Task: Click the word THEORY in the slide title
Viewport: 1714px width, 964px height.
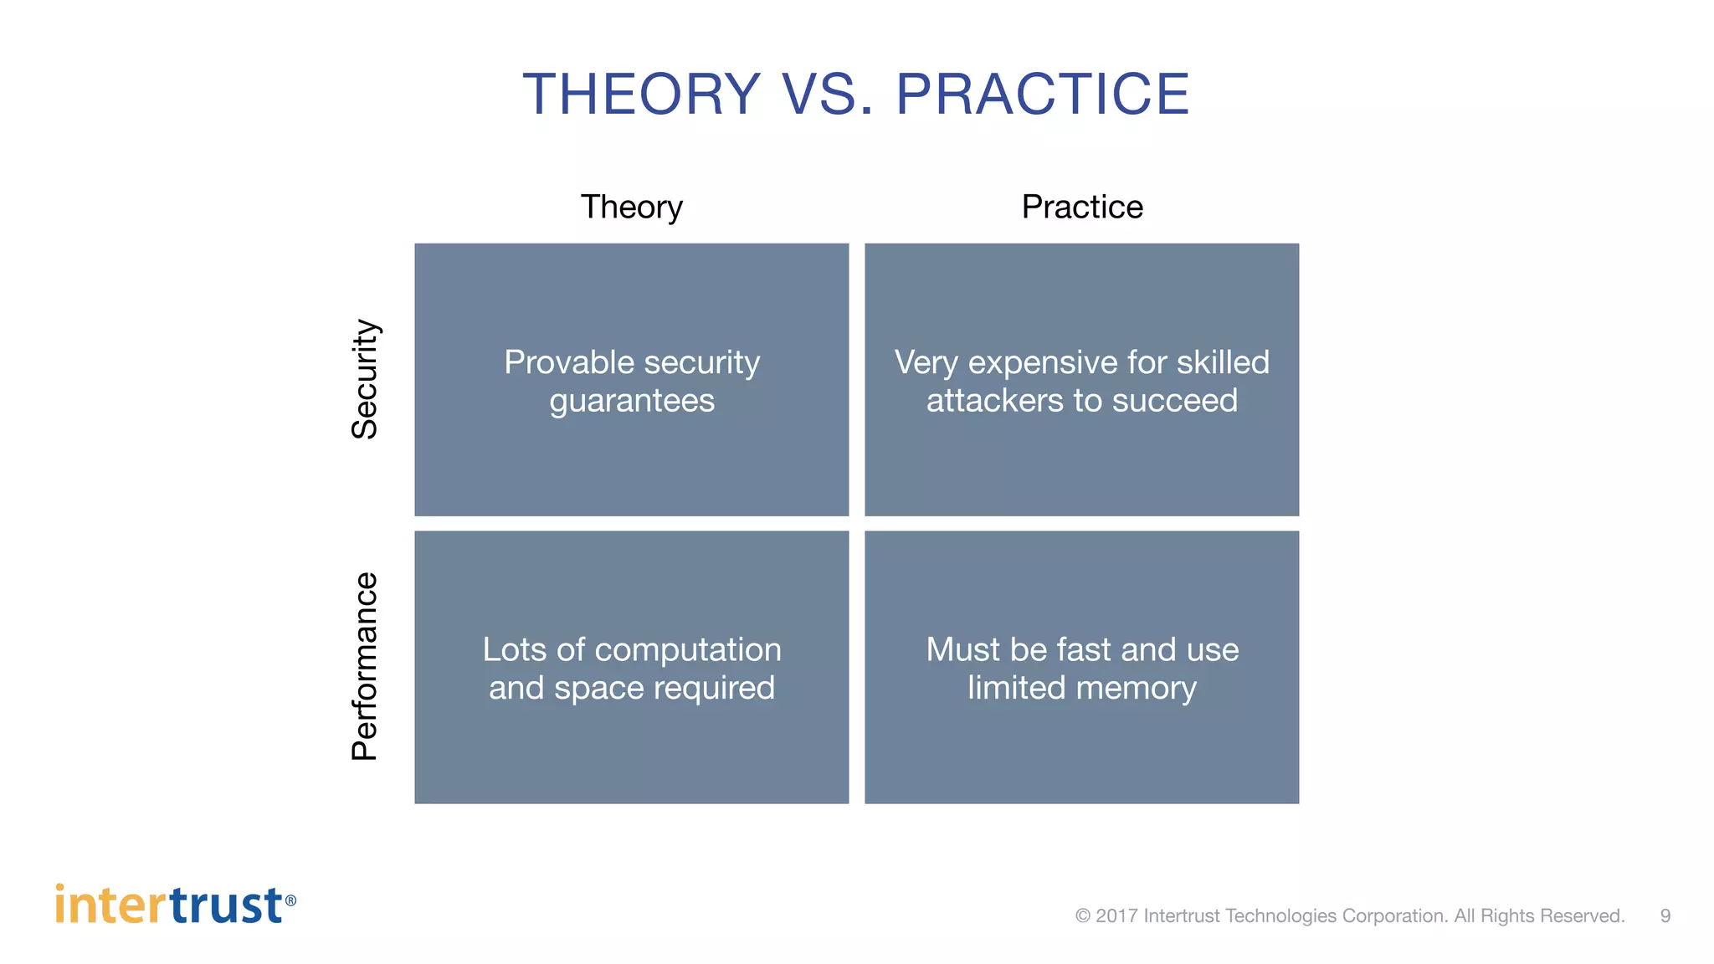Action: [642, 94]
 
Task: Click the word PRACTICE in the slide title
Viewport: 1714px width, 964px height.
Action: [1042, 94]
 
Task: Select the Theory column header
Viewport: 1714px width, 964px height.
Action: [632, 207]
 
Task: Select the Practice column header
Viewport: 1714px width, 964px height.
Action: [1082, 207]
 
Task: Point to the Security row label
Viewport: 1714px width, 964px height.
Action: [365, 379]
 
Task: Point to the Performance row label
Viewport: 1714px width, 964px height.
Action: [365, 667]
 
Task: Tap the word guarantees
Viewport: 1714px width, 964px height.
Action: [632, 401]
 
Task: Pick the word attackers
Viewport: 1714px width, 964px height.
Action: [994, 401]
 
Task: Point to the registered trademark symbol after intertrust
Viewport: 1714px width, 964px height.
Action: [290, 900]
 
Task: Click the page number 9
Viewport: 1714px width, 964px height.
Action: [1665, 916]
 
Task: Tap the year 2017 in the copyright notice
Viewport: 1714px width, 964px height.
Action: [1116, 916]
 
